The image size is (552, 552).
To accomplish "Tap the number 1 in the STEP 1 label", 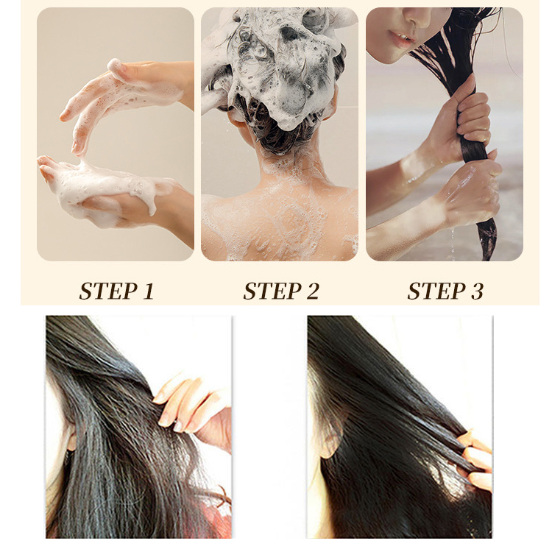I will click(x=147, y=291).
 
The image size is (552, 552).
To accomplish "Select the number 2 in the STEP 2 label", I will click(x=311, y=291).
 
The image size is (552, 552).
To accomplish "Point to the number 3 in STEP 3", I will click(x=475, y=291).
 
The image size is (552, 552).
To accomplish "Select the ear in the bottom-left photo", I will click(x=70, y=442).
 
